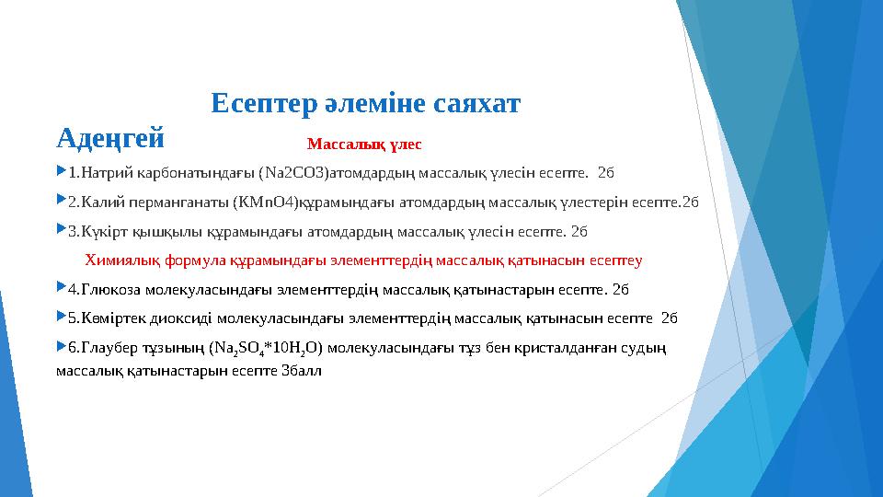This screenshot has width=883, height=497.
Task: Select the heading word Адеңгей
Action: pyautogui.click(x=109, y=141)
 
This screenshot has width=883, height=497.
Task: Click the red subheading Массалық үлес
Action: pyautogui.click(x=364, y=144)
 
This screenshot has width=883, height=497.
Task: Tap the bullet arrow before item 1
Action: pyautogui.click(x=61, y=171)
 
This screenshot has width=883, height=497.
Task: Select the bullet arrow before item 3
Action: pyautogui.click(x=61, y=230)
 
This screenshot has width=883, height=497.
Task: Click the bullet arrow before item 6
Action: pyautogui.click(x=61, y=347)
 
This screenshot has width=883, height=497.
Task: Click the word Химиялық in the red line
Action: pyautogui.click(x=120, y=260)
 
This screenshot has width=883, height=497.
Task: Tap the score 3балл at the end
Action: pyautogui.click(x=301, y=371)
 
